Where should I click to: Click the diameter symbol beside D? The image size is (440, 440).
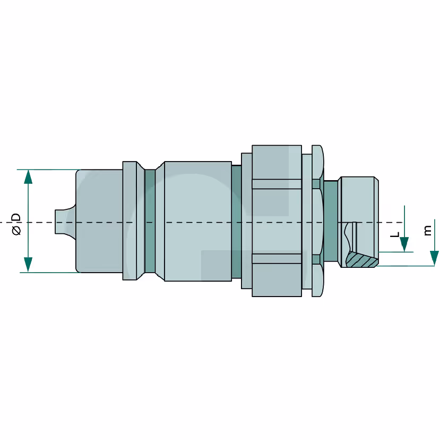(x=16, y=230)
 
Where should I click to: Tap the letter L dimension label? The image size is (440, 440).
(x=395, y=234)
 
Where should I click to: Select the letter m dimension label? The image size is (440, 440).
(x=427, y=230)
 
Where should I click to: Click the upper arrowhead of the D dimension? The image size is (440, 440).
(x=28, y=177)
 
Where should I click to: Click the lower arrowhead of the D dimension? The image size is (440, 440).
(x=28, y=265)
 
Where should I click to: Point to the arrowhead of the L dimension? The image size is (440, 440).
(x=404, y=244)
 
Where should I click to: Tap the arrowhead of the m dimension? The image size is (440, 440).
(x=434, y=258)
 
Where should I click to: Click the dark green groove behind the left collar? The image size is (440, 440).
(x=150, y=221)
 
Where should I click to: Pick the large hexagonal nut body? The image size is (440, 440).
(x=277, y=221)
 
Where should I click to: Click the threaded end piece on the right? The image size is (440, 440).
(x=358, y=222)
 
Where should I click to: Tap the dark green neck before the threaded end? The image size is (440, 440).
(x=331, y=222)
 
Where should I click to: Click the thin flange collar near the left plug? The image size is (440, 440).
(x=130, y=221)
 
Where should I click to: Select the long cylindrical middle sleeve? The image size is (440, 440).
(x=198, y=221)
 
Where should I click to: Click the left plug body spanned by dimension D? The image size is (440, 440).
(x=99, y=221)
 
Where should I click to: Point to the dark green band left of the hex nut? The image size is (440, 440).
(x=237, y=222)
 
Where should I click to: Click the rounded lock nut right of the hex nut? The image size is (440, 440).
(x=317, y=221)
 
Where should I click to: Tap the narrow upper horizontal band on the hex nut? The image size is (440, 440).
(x=277, y=184)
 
